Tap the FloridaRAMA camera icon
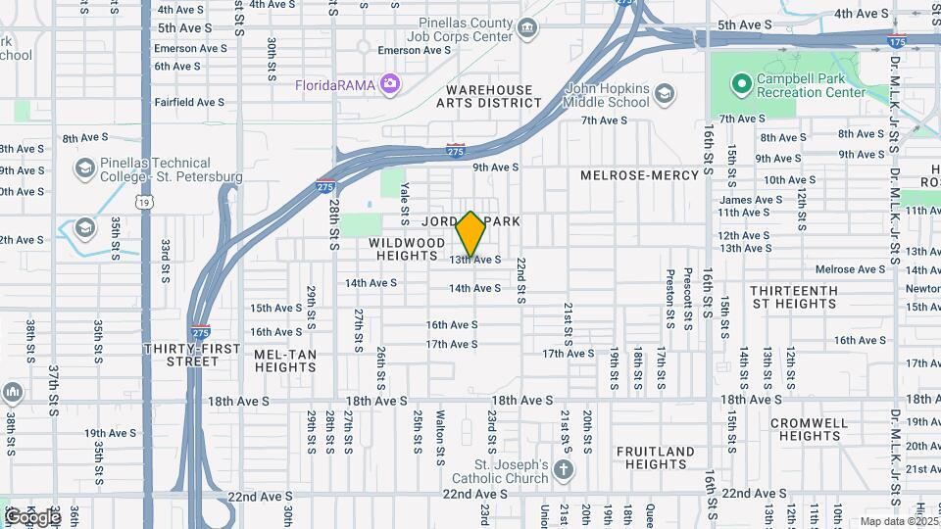coord(389,84)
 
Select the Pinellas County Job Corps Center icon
coord(528,26)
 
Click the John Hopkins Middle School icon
coord(665,94)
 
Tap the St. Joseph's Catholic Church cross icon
coord(563,469)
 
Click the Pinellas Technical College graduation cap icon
coord(84,169)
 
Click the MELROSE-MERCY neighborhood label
coord(639,175)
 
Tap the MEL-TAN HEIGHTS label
coord(285,360)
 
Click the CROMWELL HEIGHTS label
coord(809,429)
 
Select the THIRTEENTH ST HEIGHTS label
coord(794,298)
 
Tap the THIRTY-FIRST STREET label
coord(181,355)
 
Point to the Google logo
coord(32,516)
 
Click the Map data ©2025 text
coord(897,521)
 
